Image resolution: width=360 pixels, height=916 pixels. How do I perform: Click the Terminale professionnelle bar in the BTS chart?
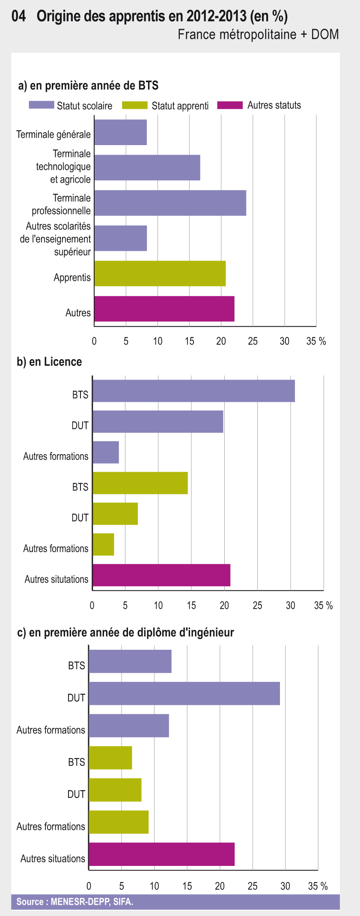point(170,203)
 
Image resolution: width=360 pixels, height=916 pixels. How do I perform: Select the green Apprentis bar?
point(160,273)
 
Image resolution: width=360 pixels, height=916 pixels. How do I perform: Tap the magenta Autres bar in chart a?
point(164,309)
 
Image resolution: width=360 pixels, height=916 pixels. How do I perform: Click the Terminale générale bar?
point(120,132)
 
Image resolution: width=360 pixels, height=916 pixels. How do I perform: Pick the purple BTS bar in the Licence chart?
point(193,390)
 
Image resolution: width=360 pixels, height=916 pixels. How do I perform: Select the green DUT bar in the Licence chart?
point(115,514)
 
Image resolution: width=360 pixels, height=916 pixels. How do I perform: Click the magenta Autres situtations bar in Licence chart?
point(161,575)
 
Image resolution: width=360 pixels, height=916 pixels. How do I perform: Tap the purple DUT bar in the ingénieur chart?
point(184,693)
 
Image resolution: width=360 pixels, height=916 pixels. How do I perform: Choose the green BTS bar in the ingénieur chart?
point(110,758)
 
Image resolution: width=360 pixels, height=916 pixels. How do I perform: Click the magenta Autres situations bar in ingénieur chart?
point(162,854)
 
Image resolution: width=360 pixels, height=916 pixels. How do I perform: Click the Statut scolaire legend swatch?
point(42,105)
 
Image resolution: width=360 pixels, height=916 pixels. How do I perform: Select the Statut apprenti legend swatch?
point(135,105)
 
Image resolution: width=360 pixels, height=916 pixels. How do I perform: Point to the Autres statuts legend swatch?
point(230,105)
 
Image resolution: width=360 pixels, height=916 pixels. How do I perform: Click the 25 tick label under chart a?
point(253,341)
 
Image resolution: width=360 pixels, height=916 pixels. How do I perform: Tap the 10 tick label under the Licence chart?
point(158,606)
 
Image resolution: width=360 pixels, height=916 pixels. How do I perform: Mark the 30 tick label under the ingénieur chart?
point(285,886)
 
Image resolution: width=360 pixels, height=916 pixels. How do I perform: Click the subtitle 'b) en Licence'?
point(49,362)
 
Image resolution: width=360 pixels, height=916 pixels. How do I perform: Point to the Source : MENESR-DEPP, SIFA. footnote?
point(74,902)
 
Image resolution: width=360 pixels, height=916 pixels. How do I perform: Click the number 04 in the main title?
point(18,16)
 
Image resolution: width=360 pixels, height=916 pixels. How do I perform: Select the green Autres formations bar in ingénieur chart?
point(119,822)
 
